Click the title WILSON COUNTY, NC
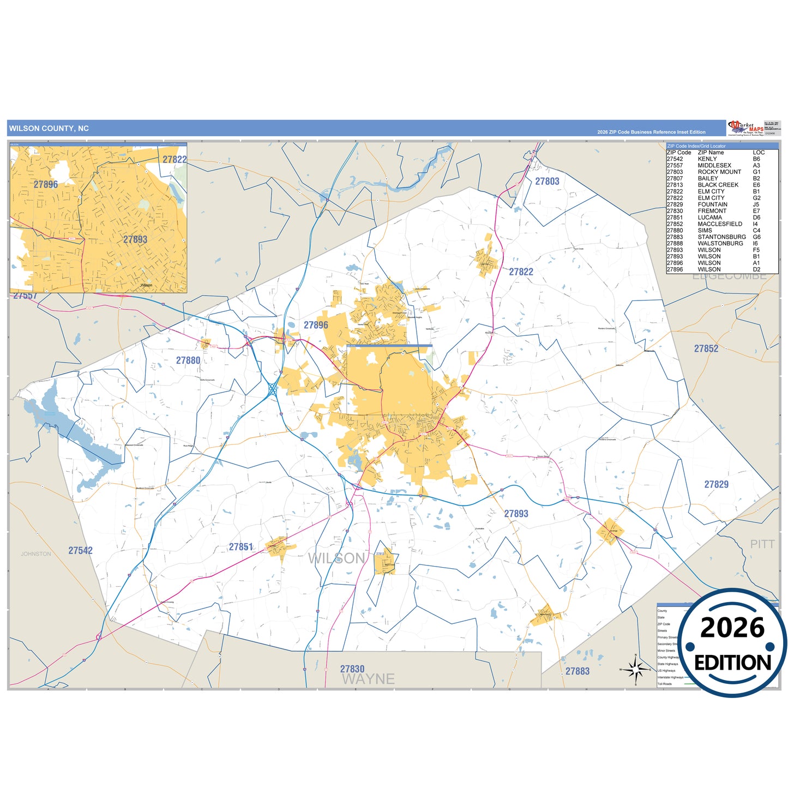[x=49, y=129]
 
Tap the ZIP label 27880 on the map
[x=188, y=360]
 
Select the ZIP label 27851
[x=240, y=547]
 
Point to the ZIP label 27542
[x=80, y=551]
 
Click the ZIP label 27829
[x=716, y=484]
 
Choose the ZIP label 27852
[x=706, y=348]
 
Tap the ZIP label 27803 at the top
[x=547, y=182]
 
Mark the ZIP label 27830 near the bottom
[x=352, y=669]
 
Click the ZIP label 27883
[x=578, y=671]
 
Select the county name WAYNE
[x=368, y=679]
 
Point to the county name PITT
[x=762, y=544]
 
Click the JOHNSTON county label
[x=36, y=554]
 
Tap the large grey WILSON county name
[x=336, y=558]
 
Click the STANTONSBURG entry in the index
[x=722, y=237]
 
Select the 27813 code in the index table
[x=675, y=185]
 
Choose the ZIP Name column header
[x=711, y=153]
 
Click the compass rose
[x=635, y=669]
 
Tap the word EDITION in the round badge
[x=732, y=663]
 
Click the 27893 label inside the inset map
[x=135, y=239]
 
